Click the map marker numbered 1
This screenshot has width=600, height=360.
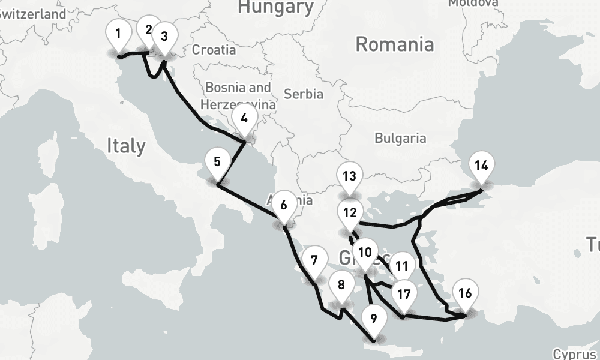(x=119, y=34)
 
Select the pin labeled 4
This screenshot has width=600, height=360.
(x=244, y=119)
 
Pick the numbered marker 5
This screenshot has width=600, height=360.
(x=217, y=162)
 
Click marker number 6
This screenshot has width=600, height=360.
(x=284, y=206)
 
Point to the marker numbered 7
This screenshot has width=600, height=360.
(x=314, y=261)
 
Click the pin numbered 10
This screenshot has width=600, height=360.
(x=365, y=253)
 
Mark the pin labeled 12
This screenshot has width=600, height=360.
(x=350, y=213)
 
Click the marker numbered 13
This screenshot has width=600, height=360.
(x=350, y=177)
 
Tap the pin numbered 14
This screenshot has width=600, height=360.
(x=481, y=166)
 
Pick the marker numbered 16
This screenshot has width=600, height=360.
(x=465, y=293)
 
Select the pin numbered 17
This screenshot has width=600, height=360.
(x=404, y=295)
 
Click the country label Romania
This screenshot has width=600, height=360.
(x=394, y=44)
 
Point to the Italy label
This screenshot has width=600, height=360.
(x=126, y=146)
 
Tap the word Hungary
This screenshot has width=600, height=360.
(x=275, y=7)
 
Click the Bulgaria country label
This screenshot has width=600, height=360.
(x=400, y=138)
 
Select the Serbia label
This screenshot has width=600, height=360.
(x=303, y=94)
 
